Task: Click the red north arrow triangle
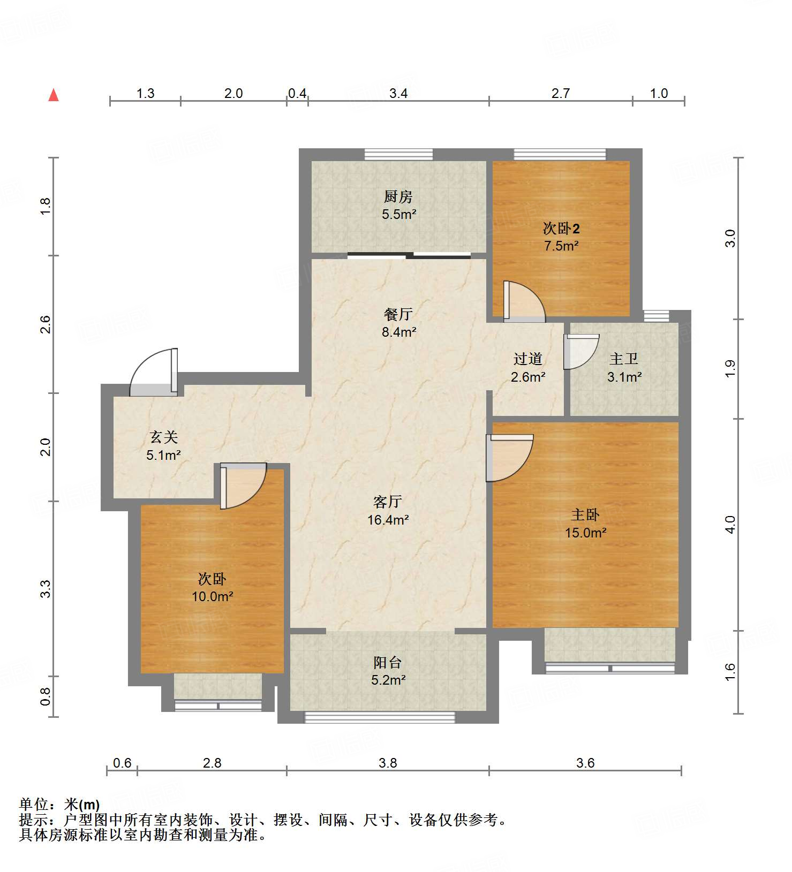[54, 95]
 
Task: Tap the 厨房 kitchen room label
[398, 197]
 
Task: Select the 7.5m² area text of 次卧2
[561, 246]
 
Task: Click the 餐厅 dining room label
[398, 314]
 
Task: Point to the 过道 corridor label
[528, 359]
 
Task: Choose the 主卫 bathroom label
[624, 359]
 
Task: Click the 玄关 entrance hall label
[163, 437]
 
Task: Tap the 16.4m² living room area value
[388, 520]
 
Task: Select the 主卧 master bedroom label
[585, 515]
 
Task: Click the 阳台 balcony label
[388, 663]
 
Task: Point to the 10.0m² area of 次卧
[212, 596]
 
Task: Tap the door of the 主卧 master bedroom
[509, 457]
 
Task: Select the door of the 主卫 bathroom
[580, 352]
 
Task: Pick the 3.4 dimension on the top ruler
[398, 94]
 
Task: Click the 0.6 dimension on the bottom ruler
[122, 763]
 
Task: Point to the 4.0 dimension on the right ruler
[730, 525]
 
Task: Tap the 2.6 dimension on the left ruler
[46, 324]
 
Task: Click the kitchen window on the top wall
[398, 155]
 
